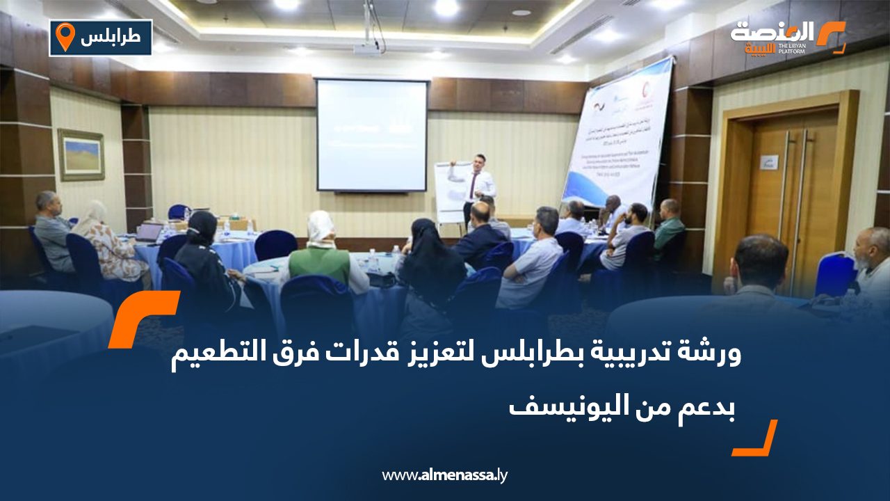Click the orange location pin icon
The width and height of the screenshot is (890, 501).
[x=65, y=37]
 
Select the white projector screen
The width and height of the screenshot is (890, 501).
[x=371, y=135]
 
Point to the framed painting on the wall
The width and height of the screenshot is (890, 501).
[x=81, y=154]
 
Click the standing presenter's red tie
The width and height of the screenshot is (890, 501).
[x=474, y=185]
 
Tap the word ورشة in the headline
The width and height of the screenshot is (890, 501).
[x=715, y=353]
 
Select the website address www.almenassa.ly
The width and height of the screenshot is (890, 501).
[x=444, y=475]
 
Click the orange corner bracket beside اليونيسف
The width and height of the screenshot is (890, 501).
[x=758, y=440]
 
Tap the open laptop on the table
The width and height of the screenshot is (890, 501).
[x=149, y=232]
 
